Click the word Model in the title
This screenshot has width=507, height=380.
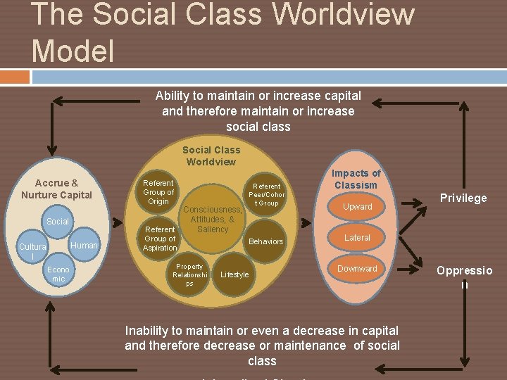[x=73, y=50]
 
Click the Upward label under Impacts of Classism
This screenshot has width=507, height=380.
[x=357, y=207]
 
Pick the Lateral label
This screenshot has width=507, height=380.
[x=357, y=238]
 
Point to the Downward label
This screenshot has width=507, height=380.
[x=357, y=269]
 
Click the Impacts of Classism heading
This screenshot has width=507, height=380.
[x=356, y=179]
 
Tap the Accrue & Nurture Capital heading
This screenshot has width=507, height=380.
[x=56, y=189]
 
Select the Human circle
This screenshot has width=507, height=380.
[x=84, y=246]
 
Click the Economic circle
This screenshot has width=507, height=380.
[x=58, y=274]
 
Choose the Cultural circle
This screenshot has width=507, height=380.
[x=32, y=251]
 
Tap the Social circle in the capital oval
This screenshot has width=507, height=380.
[x=58, y=222]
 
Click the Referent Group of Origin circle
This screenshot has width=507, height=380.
[x=158, y=192]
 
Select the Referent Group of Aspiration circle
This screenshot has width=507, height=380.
[x=160, y=238]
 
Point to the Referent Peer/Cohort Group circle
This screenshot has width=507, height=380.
[x=267, y=195]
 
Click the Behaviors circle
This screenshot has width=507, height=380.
[x=267, y=241]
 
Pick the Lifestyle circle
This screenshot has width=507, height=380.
[x=234, y=274]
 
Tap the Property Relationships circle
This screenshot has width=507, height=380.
[x=189, y=274]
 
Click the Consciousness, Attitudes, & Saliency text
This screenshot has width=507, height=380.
[x=213, y=219]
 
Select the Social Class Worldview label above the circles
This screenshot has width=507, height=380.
[x=211, y=156]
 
